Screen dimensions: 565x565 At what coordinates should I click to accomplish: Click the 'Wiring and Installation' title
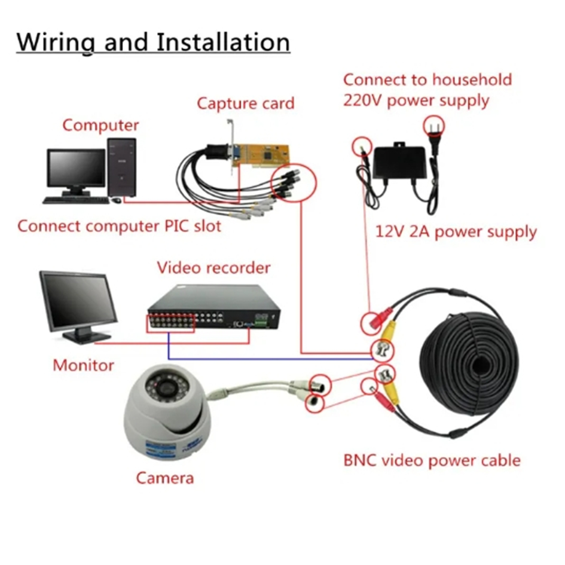(x=153, y=42)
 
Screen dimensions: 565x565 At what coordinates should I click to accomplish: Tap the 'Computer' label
(x=100, y=126)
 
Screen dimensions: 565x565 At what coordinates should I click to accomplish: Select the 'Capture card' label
(x=246, y=103)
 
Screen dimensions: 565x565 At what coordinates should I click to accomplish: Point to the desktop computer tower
(x=122, y=167)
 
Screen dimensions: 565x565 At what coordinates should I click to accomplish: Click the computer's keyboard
(x=76, y=200)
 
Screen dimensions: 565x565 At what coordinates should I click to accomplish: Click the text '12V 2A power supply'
(x=456, y=232)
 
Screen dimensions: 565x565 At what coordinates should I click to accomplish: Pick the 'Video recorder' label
(x=213, y=268)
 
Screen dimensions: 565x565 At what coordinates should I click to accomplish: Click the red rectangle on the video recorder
(x=170, y=323)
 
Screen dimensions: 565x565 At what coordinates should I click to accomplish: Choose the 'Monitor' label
(x=83, y=365)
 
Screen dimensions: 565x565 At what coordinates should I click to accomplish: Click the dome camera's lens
(x=166, y=388)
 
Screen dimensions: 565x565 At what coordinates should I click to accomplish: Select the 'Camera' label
(x=164, y=478)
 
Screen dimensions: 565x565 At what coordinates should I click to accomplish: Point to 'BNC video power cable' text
(x=432, y=460)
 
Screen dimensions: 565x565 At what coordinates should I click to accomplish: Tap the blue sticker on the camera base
(x=161, y=449)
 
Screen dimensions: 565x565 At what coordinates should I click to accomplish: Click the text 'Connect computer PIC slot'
(x=119, y=226)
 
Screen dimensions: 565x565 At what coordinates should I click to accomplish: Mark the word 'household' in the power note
(x=472, y=80)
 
